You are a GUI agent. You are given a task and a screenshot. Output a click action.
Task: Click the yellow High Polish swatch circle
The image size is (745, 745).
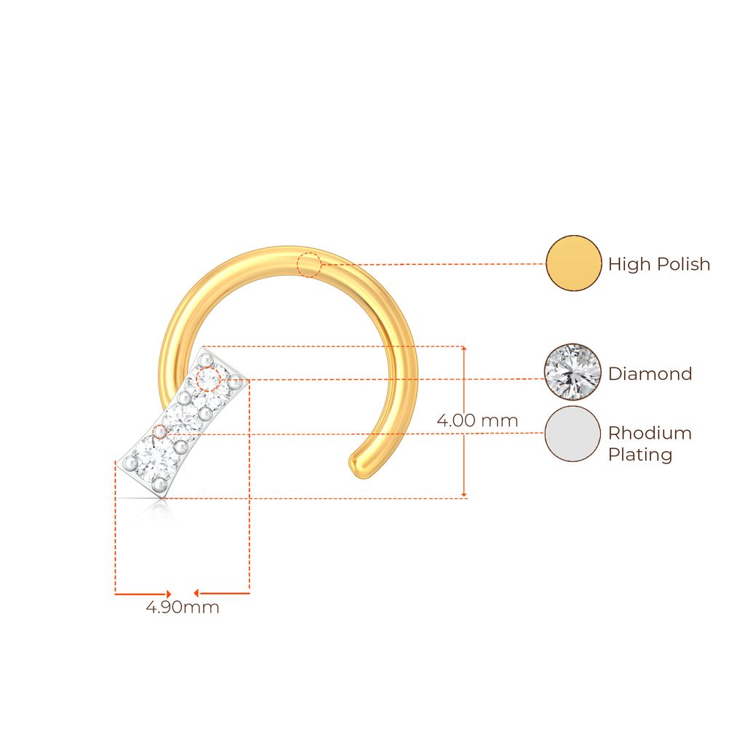(x=574, y=263)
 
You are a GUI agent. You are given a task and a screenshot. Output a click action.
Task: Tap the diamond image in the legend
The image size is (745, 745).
(x=573, y=372)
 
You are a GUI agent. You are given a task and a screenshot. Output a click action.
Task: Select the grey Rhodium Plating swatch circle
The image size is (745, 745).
(x=573, y=434)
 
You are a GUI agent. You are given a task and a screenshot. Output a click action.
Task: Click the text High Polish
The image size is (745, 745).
(x=659, y=264)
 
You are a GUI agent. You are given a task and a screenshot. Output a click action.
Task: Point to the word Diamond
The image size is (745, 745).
(x=650, y=374)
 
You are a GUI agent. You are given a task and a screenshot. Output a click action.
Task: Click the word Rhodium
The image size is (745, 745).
(x=650, y=433)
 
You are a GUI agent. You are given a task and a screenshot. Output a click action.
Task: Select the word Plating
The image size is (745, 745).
(x=640, y=455)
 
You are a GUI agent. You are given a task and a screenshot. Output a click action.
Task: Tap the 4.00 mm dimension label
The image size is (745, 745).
(x=477, y=421)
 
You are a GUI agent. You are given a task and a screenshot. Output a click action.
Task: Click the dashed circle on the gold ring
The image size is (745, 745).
(x=308, y=265)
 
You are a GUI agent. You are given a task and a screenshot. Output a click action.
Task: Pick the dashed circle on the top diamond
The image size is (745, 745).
(x=209, y=378)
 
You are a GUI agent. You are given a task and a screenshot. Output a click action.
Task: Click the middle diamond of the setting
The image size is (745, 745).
(x=184, y=417)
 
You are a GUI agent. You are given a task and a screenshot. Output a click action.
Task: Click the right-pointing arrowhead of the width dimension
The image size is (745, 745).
(x=168, y=594)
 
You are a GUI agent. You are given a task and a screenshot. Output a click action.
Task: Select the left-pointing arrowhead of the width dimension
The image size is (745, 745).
(x=196, y=594)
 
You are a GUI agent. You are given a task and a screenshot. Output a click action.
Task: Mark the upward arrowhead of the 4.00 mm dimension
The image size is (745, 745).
(x=465, y=349)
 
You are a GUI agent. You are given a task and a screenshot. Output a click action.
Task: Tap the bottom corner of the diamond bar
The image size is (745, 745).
(x=160, y=498)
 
